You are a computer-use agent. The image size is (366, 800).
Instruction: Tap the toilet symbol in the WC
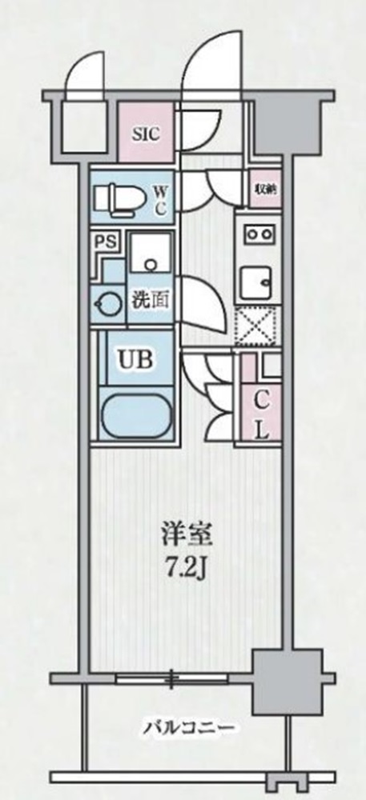coord(114,197)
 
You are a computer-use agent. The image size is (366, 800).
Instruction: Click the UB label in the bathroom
coord(134,358)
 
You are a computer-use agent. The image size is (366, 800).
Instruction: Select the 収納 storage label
coord(265,190)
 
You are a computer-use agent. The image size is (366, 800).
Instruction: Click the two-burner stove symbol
coord(258,234)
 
